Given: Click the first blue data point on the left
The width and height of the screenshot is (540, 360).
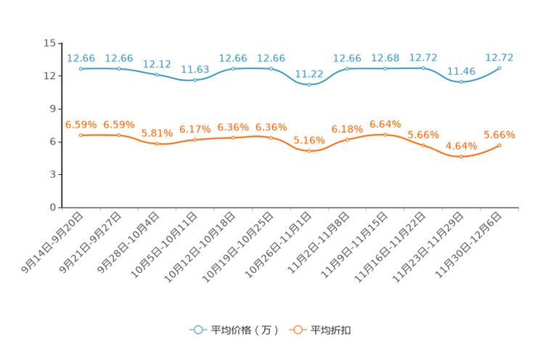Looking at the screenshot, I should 81,69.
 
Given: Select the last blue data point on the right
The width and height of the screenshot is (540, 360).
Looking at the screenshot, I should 499,67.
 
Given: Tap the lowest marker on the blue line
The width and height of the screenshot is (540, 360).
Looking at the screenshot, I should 309,84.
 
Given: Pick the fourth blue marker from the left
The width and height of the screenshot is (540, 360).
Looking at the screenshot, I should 195,80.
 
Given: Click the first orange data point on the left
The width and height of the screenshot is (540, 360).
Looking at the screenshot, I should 81,135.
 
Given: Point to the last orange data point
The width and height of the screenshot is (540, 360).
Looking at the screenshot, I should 499,145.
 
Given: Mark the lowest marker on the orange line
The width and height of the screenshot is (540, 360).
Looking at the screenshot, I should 461,156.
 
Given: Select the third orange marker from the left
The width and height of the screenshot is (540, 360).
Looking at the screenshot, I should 157,144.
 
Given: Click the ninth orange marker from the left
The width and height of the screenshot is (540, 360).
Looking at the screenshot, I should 385,134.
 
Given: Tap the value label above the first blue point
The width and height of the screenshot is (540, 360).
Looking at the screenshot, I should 81,57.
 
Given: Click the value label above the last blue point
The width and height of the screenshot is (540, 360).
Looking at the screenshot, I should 500,57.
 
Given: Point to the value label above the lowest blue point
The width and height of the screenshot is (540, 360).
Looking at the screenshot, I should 310,73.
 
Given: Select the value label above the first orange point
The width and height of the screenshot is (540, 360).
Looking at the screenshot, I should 81,124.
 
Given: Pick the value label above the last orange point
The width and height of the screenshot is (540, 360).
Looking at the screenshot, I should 499,134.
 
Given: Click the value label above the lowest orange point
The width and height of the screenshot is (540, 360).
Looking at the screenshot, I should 461,145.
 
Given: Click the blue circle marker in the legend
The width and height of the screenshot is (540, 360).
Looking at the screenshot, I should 197,330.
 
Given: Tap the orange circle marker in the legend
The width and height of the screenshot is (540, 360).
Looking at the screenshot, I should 298,330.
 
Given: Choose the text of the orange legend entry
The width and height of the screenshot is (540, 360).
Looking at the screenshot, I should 331,330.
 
